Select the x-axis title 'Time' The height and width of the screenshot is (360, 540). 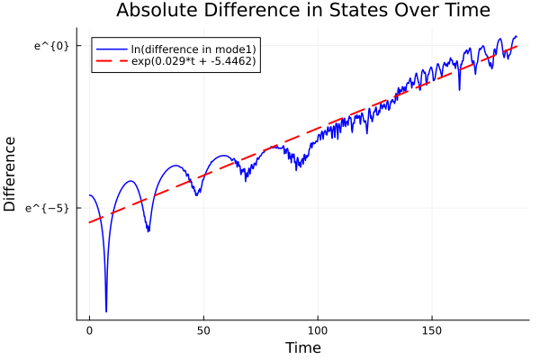(302, 347)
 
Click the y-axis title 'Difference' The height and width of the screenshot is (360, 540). (11, 174)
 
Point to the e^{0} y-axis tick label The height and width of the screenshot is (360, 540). (51, 45)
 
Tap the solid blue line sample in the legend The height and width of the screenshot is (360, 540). (111, 48)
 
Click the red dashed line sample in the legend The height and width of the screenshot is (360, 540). (111, 61)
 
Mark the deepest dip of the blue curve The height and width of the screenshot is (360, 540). (106, 311)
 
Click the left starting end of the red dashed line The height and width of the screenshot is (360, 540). (89, 222)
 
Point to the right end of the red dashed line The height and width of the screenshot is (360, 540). (517, 46)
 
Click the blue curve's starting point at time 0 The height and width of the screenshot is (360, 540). (89, 195)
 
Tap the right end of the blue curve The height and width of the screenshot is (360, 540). (517, 36)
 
